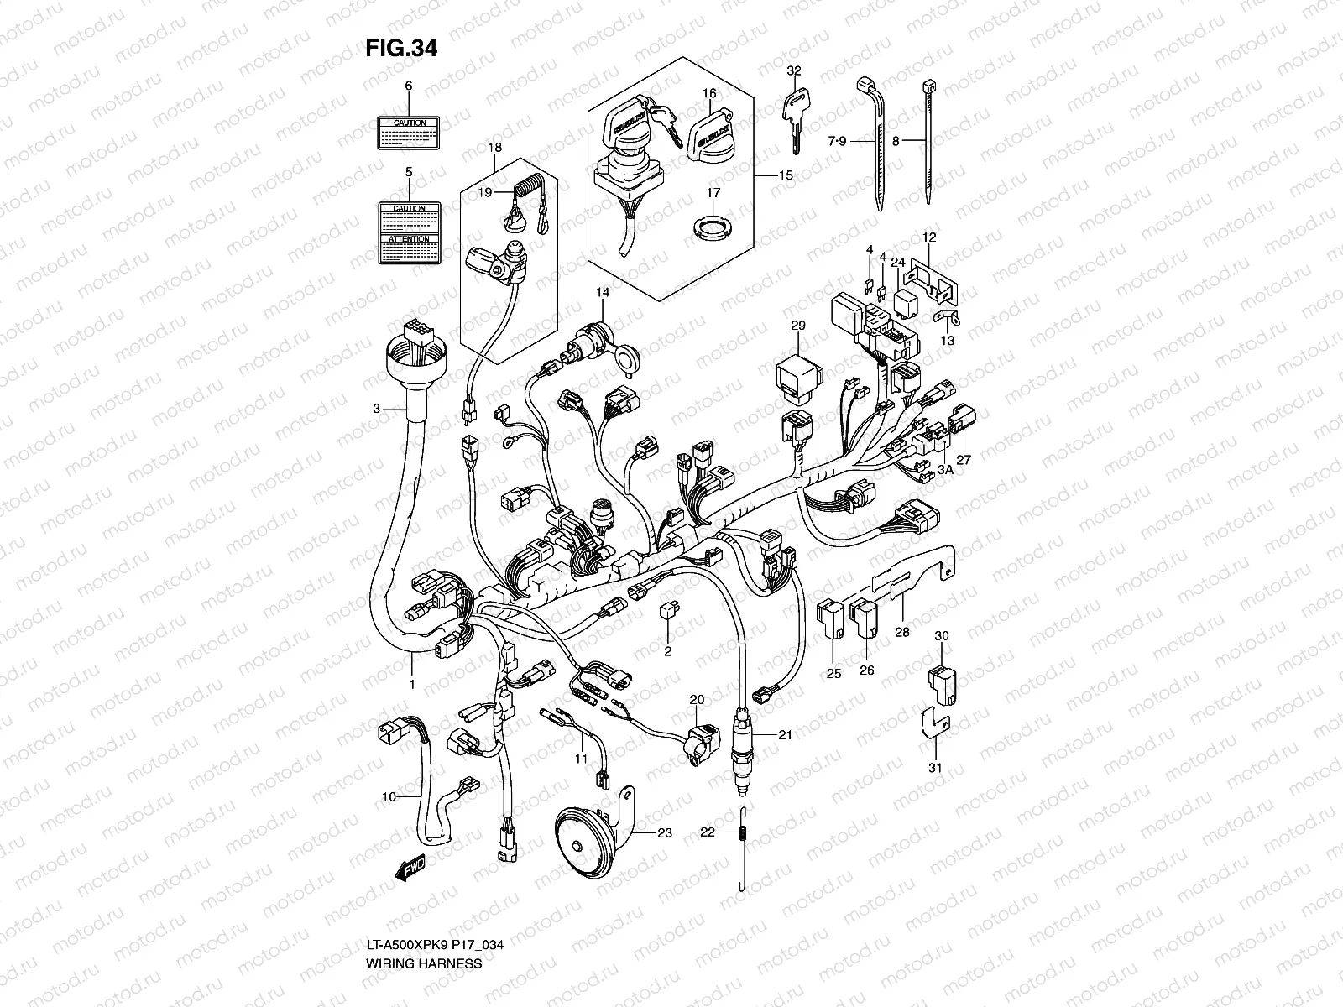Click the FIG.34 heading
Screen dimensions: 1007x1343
coord(400,49)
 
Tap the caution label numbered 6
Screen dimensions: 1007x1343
coord(409,133)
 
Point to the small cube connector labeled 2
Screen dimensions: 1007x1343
coord(669,611)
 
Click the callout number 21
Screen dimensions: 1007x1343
coord(785,735)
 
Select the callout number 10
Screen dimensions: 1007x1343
coord(388,796)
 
